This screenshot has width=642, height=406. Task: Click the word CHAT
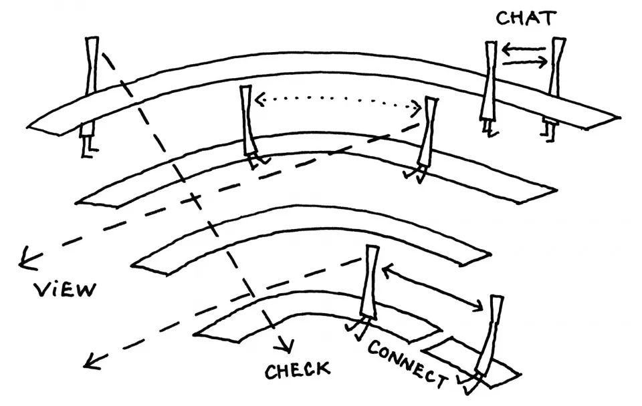coord(525,19)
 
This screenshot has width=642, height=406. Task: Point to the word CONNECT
coord(407,364)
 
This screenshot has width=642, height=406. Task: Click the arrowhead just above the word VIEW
coord(28,256)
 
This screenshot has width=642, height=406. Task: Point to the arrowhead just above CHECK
coord(286,345)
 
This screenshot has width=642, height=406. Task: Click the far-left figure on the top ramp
coord(91,93)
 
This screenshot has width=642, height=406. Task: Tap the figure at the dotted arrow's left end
coord(248,124)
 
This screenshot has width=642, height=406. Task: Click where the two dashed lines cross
coord(195,198)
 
